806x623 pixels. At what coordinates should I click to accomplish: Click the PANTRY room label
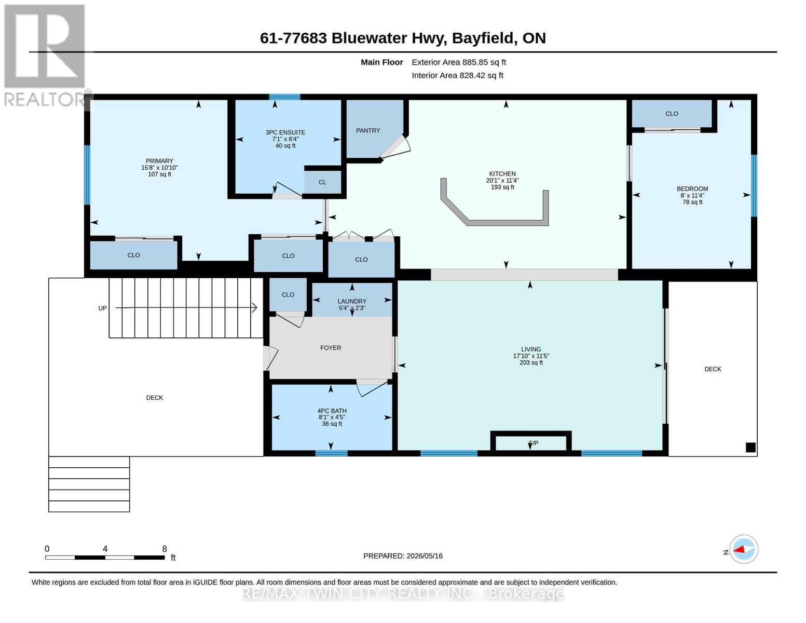(x=367, y=130)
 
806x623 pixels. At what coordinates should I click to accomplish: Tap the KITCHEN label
(x=502, y=173)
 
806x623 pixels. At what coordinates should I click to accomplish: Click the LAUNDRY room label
(x=352, y=301)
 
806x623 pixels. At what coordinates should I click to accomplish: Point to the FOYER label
(x=331, y=348)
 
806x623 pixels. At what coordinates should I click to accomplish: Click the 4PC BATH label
(x=332, y=411)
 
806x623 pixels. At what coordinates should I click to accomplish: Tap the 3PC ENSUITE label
(x=285, y=132)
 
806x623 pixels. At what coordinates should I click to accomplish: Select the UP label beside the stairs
(x=102, y=308)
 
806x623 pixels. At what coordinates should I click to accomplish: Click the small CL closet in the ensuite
(x=322, y=182)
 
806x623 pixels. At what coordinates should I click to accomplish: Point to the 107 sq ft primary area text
(x=159, y=174)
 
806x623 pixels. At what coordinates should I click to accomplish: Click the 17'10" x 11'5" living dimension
(x=531, y=356)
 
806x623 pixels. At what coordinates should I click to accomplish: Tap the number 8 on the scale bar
(x=165, y=549)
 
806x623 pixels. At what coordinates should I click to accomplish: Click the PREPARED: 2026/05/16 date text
(x=403, y=556)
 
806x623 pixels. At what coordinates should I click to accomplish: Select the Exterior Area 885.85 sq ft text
(x=459, y=62)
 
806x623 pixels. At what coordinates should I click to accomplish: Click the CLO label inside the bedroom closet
(x=672, y=114)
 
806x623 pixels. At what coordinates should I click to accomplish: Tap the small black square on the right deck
(x=751, y=448)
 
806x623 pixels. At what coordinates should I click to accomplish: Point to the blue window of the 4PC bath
(x=331, y=453)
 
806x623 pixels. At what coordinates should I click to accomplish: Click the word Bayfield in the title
(x=482, y=38)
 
